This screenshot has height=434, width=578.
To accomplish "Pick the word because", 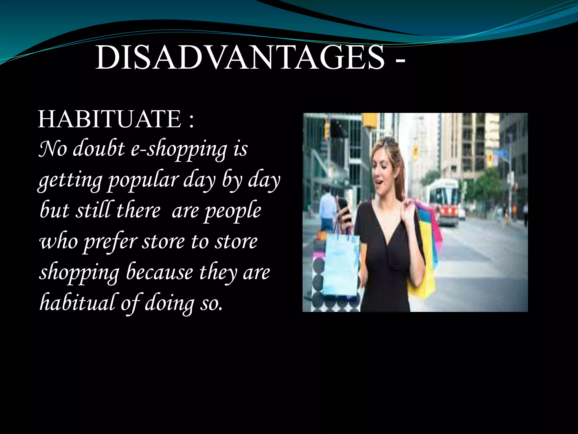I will (x=159, y=272).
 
